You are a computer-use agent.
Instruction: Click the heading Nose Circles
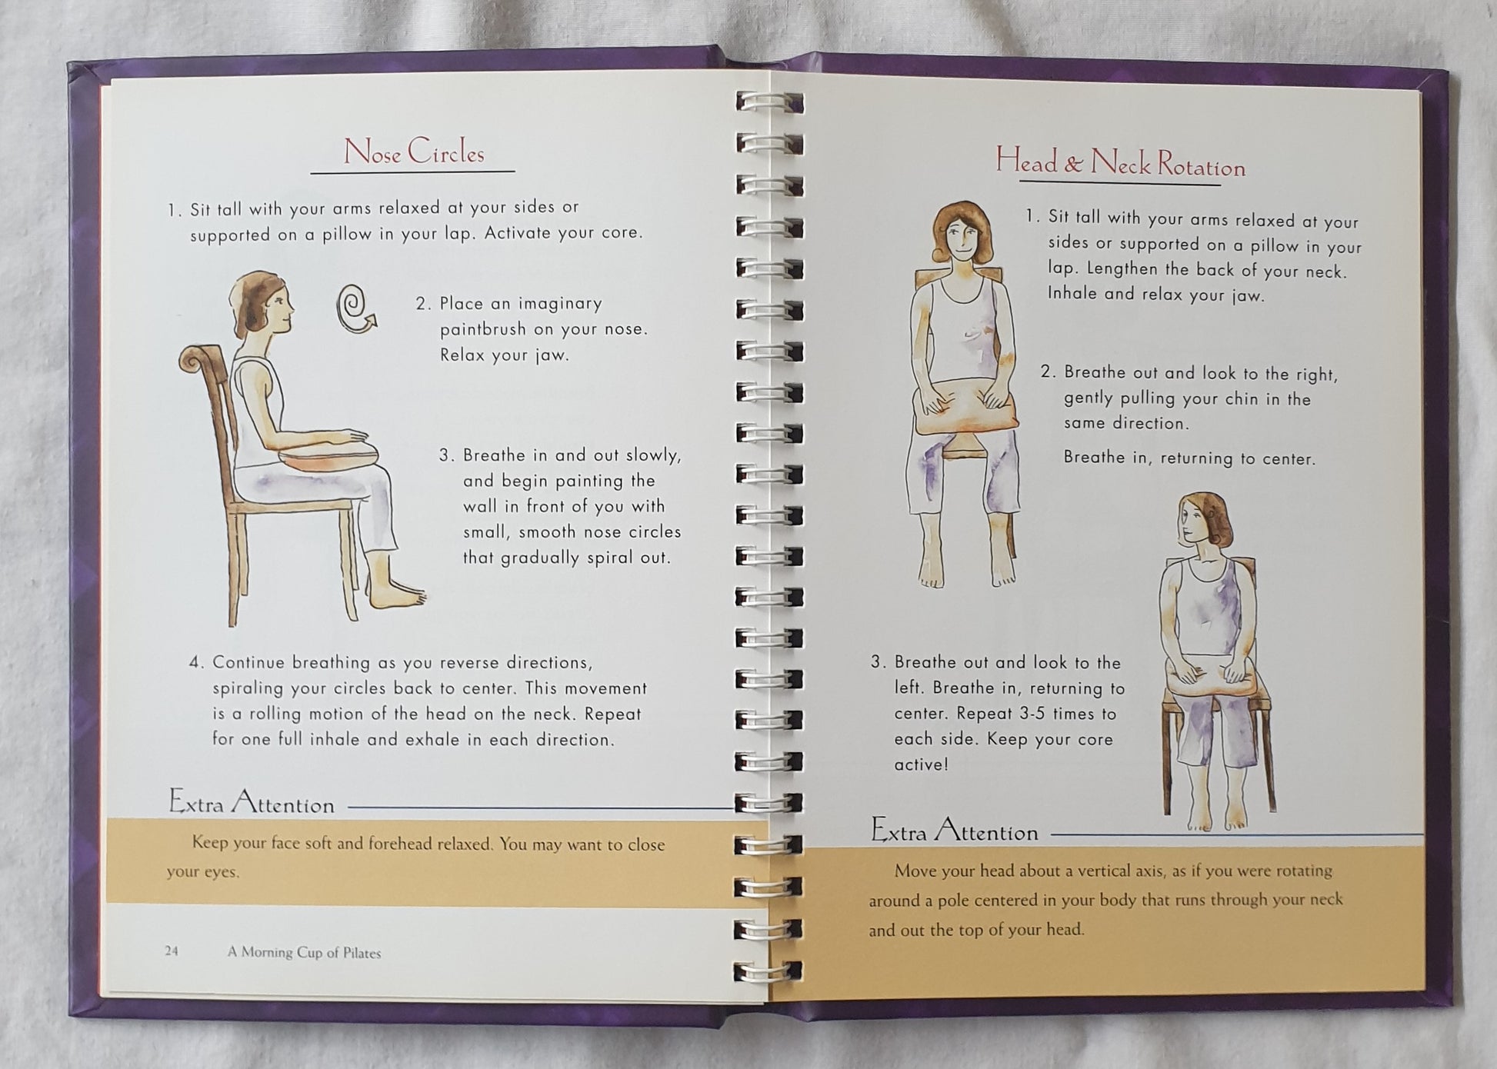pyautogui.click(x=413, y=152)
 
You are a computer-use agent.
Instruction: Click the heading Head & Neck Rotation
pyautogui.click(x=1120, y=162)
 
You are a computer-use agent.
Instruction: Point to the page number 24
pyautogui.click(x=171, y=951)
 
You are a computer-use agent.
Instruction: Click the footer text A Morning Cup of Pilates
pyautogui.click(x=304, y=952)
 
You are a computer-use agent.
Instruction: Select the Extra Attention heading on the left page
pyautogui.click(x=252, y=802)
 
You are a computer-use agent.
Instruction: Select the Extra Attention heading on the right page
pyautogui.click(x=954, y=830)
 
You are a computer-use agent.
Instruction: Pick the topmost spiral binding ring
pyautogui.click(x=769, y=102)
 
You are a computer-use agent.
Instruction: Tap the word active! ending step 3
pyautogui.click(x=921, y=764)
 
